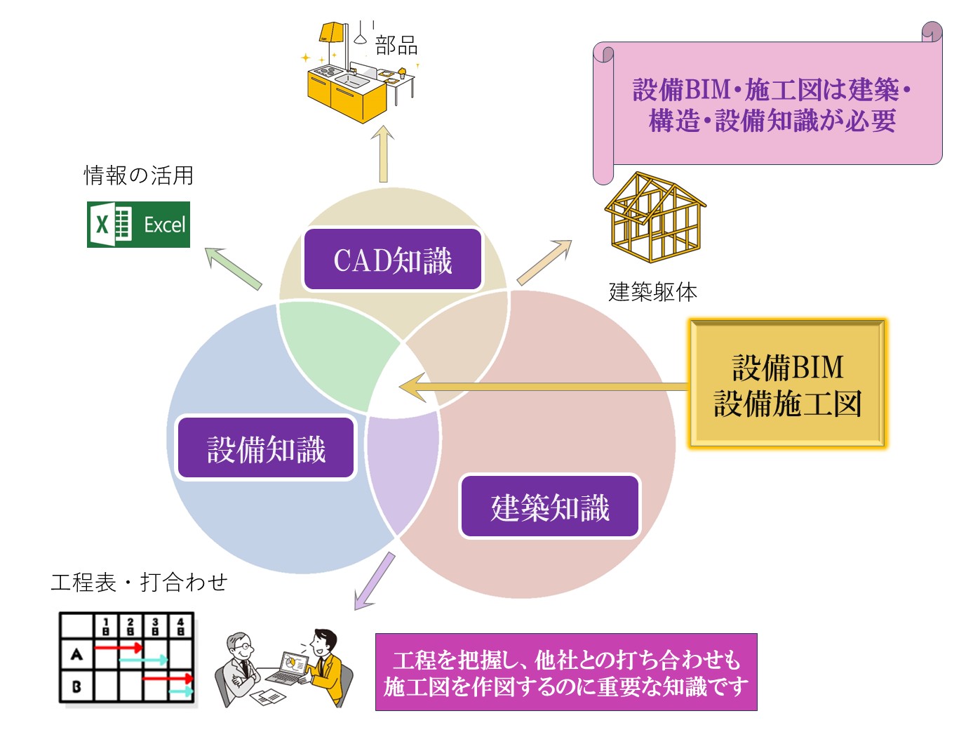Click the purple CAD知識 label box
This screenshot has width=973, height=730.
[x=393, y=260]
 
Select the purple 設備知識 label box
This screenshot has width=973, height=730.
[x=266, y=449]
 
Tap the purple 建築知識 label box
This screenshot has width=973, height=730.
[x=550, y=507]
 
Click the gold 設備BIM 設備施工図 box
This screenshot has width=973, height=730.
[x=787, y=384]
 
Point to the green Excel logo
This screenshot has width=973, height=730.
[x=138, y=225]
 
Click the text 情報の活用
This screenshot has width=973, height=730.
[x=138, y=175]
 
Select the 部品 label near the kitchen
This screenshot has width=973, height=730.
[x=396, y=46]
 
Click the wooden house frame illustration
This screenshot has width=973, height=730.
[x=655, y=218]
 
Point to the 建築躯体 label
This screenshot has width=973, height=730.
[x=652, y=291]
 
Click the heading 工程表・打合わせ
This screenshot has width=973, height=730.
[x=139, y=582]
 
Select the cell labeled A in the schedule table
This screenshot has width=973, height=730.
[x=76, y=654]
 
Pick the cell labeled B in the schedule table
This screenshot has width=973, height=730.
[x=76, y=686]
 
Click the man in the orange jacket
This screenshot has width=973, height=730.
[x=326, y=663]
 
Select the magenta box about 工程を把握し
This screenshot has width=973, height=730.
[x=565, y=672]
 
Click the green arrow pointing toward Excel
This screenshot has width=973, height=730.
[x=233, y=267]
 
